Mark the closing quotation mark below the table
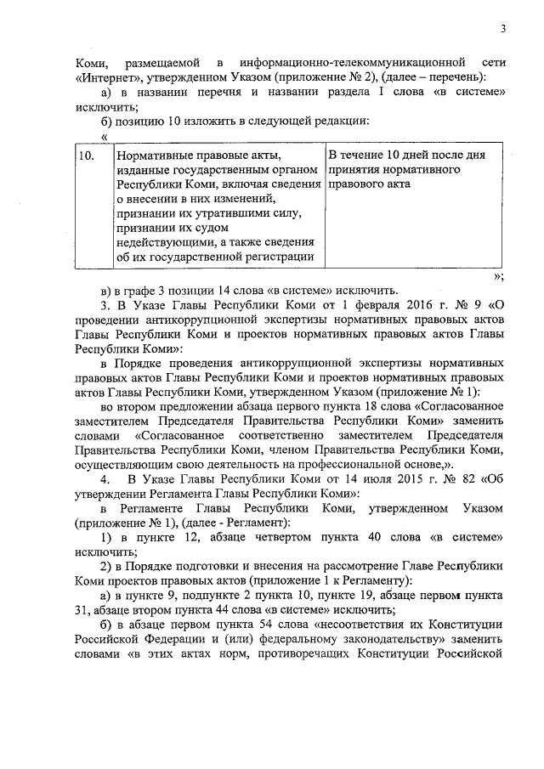pyautogui.click(x=498, y=276)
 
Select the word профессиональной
pyautogui.click(x=338, y=464)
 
